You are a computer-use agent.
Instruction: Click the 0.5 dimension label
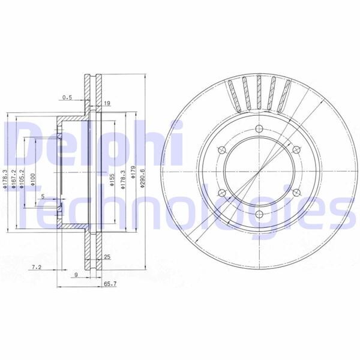pyautogui.click(x=67, y=96)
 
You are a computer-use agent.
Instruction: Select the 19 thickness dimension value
pyautogui.click(x=106, y=103)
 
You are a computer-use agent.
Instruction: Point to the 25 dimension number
pyautogui.click(x=107, y=257)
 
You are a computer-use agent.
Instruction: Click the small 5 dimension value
pyautogui.click(x=43, y=196)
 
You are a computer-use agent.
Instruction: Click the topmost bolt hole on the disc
pyautogui.click(x=259, y=127)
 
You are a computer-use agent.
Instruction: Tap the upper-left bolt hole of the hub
pyautogui.click(x=221, y=150)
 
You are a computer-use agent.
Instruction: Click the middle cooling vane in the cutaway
pyautogui.click(x=259, y=93)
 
